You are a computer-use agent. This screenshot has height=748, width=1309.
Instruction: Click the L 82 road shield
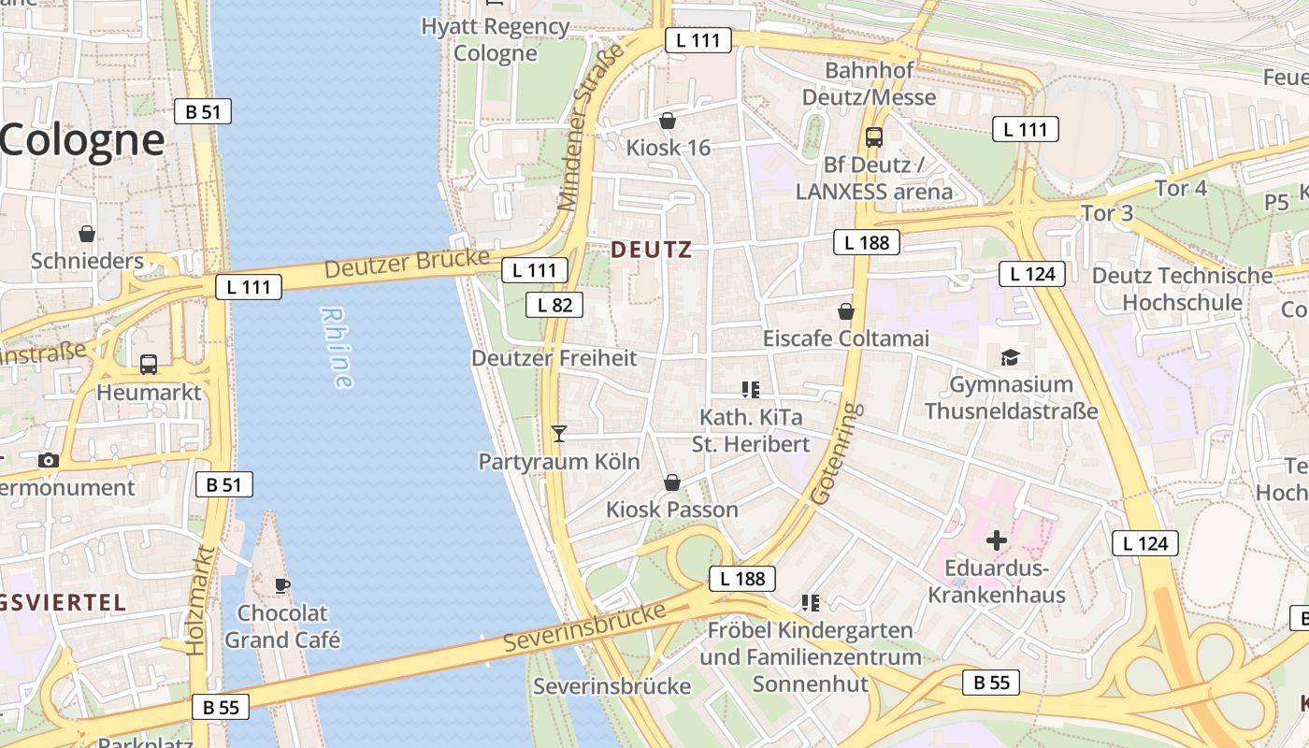tap(554, 304)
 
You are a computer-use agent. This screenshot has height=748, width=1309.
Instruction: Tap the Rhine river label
tap(338, 347)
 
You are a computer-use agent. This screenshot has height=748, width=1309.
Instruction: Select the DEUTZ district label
tap(652, 250)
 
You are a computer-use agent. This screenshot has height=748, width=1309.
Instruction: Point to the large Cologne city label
tap(82, 140)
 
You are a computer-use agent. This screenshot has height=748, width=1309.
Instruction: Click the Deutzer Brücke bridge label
tap(408, 264)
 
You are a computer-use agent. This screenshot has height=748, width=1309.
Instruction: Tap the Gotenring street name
tap(835, 454)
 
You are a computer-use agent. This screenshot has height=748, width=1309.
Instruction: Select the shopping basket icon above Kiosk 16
tap(668, 121)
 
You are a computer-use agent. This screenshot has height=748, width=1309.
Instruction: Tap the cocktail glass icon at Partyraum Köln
tap(559, 433)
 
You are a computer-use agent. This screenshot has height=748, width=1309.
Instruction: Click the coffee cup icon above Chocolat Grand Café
tap(281, 586)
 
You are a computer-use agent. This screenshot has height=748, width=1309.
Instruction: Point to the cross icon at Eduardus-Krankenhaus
tap(997, 539)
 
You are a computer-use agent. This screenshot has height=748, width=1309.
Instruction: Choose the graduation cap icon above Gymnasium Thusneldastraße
tap(1010, 356)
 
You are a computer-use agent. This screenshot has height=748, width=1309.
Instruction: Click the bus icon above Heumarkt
tap(149, 364)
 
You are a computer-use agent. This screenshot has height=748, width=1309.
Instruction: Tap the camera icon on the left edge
tap(49, 460)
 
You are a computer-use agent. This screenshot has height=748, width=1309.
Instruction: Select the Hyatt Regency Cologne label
tap(496, 39)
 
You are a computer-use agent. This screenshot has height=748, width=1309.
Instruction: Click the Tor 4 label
tap(1181, 188)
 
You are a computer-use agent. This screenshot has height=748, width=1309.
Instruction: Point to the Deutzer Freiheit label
tap(554, 358)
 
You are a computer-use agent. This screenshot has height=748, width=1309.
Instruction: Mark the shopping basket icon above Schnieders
tap(87, 233)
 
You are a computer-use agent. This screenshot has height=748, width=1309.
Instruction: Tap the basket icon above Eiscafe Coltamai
tap(846, 310)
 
